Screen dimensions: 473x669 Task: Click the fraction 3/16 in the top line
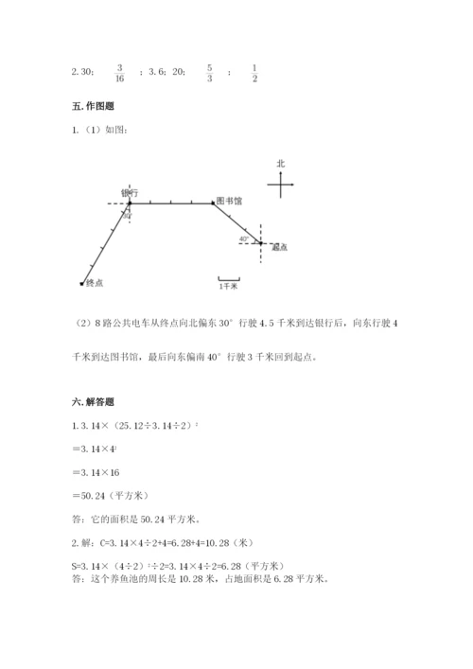119,74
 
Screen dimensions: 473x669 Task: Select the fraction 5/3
209,74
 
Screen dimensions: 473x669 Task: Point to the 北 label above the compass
280,164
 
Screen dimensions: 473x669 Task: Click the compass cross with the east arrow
281,185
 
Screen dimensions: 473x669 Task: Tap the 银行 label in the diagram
131,192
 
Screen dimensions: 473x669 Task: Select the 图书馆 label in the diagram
229,201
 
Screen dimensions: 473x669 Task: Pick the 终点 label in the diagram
94,283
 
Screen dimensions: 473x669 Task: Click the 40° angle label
244,239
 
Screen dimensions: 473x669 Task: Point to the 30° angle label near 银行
126,216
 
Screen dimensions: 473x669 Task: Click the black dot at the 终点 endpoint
82,282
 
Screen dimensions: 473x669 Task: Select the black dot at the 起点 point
262,243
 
